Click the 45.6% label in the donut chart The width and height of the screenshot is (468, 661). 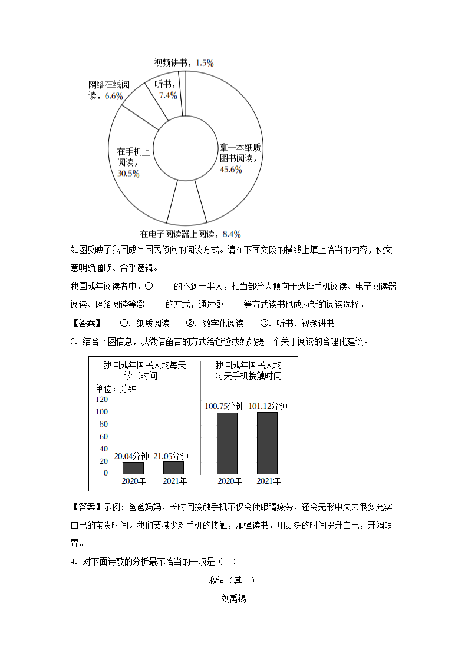click(x=231, y=170)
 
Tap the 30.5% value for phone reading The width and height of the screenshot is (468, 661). click(x=128, y=174)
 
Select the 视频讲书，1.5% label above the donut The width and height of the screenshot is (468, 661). click(x=183, y=62)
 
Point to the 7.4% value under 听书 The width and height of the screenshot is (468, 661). click(x=168, y=95)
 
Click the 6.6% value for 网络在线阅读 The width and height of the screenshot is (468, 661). click(x=113, y=95)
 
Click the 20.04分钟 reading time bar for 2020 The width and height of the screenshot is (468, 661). click(x=133, y=467)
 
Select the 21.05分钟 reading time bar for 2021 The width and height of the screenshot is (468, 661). click(x=173, y=467)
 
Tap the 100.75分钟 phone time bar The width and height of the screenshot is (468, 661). click(x=227, y=443)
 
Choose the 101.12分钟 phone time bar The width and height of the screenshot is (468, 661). click(x=267, y=443)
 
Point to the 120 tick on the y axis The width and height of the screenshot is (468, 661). click(x=101, y=400)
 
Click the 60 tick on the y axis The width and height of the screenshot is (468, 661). click(x=104, y=437)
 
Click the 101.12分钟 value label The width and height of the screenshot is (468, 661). click(x=268, y=406)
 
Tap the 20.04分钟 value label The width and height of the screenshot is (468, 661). click(x=131, y=456)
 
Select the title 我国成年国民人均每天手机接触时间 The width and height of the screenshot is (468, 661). click(x=248, y=370)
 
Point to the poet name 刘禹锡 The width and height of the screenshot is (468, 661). click(x=233, y=599)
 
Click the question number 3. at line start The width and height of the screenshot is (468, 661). click(x=74, y=342)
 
